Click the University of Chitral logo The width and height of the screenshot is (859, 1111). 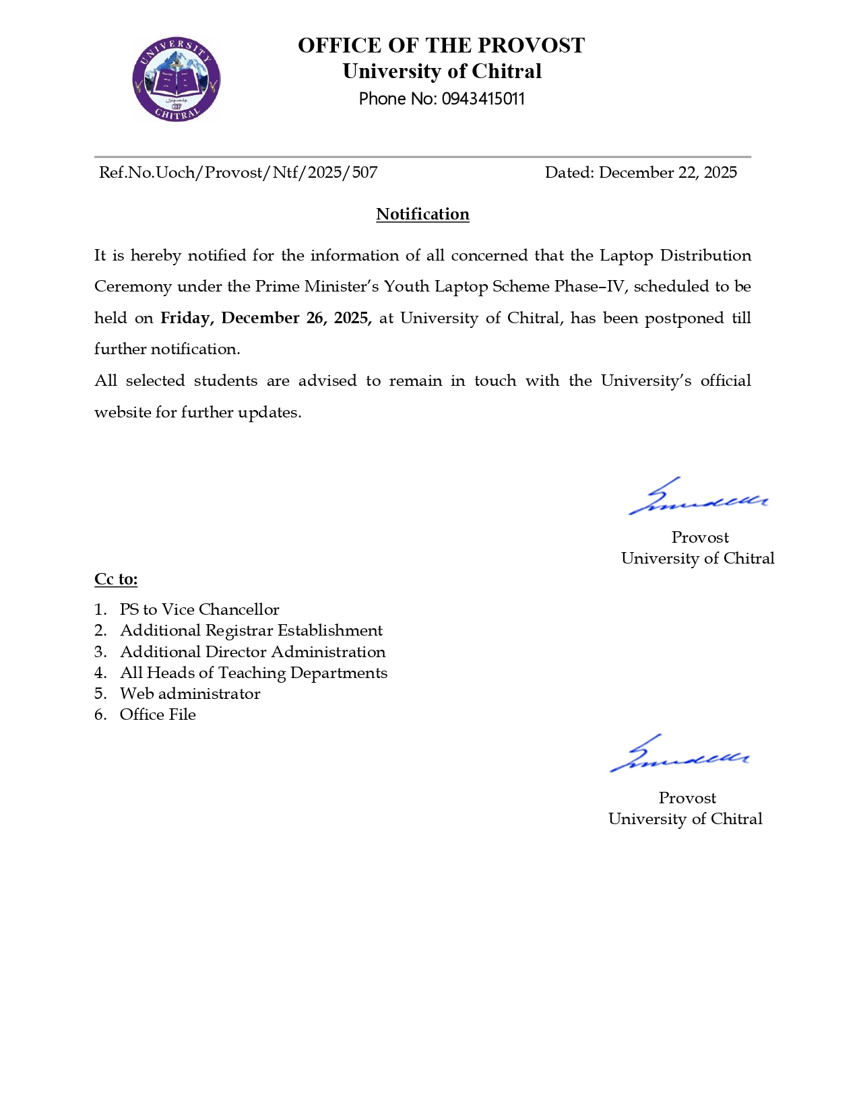pos(177,79)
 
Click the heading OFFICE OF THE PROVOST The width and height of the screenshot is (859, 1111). pos(441,46)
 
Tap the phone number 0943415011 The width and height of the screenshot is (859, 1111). pos(483,99)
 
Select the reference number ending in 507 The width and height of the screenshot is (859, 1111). pos(238,172)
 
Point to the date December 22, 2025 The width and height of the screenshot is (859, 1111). pos(668,172)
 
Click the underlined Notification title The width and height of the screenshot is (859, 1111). pos(422,214)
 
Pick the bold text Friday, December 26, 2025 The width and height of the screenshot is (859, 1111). pos(265,318)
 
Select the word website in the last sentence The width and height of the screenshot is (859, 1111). pos(123,412)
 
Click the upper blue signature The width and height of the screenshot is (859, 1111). pos(698,498)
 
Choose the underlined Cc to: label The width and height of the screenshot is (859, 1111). pos(116,579)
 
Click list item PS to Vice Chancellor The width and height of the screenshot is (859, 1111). pos(199,609)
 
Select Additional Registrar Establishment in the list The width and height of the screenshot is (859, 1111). pos(251,630)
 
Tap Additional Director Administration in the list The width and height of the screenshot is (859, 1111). pos(253,652)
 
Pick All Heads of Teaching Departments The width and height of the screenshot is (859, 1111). pos(253,673)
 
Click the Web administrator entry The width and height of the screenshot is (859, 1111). pos(190,694)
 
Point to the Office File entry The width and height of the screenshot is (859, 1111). pos(158,714)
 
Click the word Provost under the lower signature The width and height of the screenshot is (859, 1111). pos(687,798)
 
